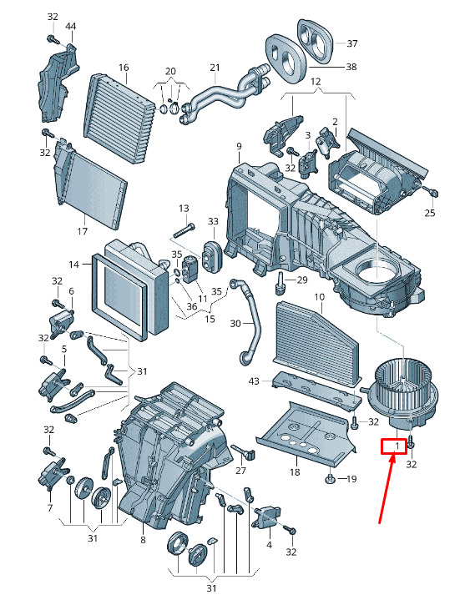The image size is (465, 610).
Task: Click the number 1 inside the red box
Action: [397, 445]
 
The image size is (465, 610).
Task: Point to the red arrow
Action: [387, 488]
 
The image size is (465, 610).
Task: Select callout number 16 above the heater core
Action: [124, 68]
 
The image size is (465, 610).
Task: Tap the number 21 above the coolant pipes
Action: [215, 68]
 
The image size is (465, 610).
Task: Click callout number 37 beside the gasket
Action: [351, 43]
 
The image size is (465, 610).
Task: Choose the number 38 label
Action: [351, 67]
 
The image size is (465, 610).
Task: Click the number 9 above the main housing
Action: [239, 147]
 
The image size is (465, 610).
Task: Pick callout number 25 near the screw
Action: [430, 213]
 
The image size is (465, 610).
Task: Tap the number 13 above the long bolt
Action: [184, 208]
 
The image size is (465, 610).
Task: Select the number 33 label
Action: [213, 221]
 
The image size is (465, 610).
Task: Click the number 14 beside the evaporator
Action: [74, 265]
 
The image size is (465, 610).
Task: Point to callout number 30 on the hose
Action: [235, 323]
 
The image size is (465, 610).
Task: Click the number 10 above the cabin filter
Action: [319, 297]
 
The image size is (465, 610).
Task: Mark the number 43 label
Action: [253, 381]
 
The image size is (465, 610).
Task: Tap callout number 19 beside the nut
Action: [351, 479]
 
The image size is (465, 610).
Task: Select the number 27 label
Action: [241, 471]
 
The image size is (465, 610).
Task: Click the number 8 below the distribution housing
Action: [143, 540]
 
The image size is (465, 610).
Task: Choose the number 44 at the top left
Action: [70, 27]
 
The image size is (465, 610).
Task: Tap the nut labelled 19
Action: [330, 478]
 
